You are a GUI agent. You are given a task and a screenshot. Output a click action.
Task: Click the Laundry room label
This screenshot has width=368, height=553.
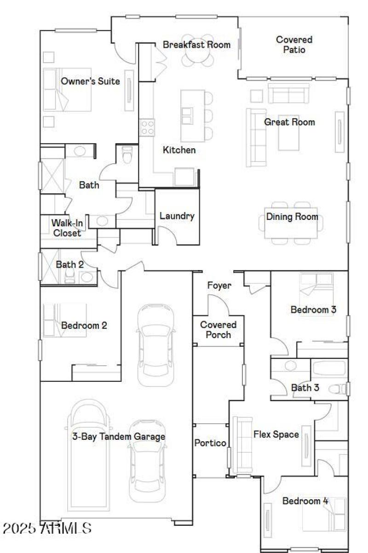point(177,216)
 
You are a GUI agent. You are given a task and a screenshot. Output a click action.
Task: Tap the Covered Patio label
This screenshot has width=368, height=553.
point(294,45)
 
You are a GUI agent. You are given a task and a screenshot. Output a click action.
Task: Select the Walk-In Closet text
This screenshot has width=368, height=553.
point(67,228)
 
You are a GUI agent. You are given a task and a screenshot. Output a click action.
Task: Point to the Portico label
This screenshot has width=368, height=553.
point(210,443)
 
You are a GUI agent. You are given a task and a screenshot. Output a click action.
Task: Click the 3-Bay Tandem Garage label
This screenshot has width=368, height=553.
point(118,437)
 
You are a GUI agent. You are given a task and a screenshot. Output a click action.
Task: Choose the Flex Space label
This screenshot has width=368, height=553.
point(276,434)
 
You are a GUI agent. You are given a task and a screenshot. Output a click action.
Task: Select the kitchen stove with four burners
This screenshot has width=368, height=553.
point(147,127)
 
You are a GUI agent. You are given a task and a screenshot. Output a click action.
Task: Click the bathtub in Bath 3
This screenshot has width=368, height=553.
point(328,369)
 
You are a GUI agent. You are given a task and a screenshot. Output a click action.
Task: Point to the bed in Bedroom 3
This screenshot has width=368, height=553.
point(316,289)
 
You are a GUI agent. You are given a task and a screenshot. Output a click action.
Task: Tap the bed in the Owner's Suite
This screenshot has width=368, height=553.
point(67,90)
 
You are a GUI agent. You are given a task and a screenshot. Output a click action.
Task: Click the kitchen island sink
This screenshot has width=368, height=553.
point(187,115)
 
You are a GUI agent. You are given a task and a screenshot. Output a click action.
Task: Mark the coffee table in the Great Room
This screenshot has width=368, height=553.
point(289,132)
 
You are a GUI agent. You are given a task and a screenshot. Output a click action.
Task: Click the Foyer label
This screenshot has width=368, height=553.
point(219,286)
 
